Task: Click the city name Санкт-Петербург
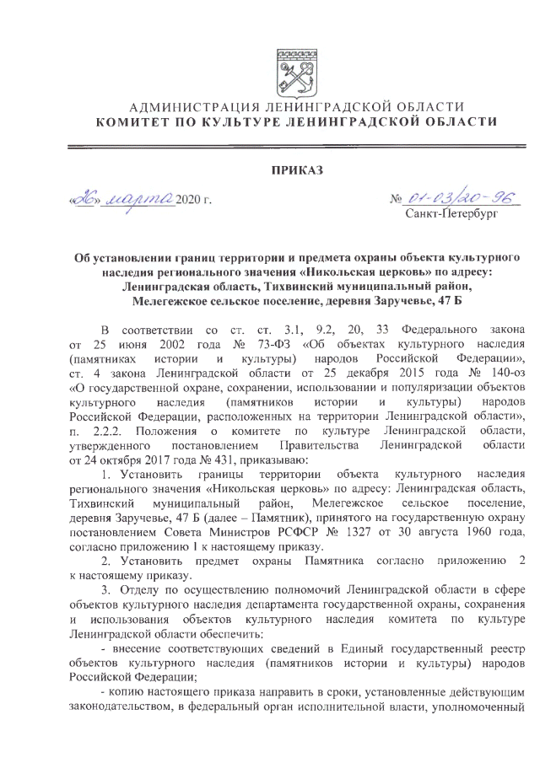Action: [449, 214]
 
